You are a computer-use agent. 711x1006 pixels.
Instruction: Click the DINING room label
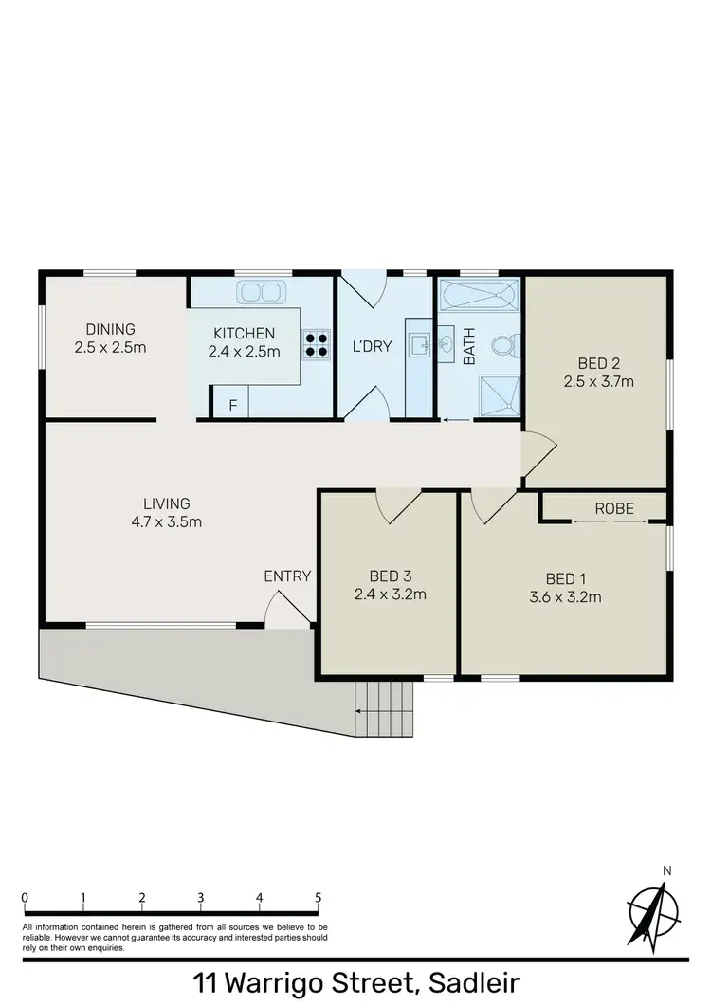[110, 330]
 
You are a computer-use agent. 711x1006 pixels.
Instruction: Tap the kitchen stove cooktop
[317, 343]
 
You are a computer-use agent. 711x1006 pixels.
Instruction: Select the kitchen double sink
[259, 291]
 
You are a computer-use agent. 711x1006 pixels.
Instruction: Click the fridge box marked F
[230, 404]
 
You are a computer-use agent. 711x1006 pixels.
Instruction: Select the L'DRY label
[371, 346]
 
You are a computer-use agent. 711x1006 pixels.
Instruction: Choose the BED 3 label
[389, 576]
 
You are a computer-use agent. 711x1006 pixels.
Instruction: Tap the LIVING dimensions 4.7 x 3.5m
[167, 521]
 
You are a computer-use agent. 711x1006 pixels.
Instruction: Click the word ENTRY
[287, 576]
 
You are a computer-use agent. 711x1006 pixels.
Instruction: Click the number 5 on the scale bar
[318, 898]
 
